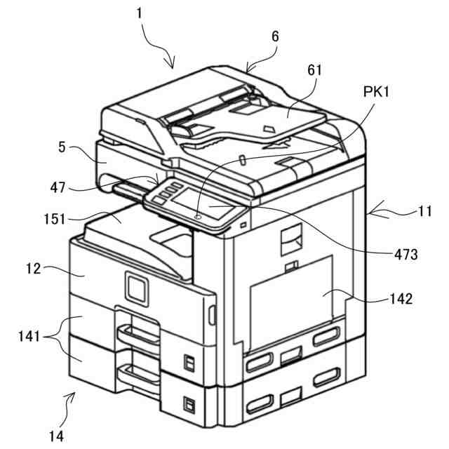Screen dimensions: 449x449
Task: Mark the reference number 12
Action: click(x=34, y=267)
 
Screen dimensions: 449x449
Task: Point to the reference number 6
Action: click(x=275, y=36)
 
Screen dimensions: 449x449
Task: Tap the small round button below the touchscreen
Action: click(x=199, y=217)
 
